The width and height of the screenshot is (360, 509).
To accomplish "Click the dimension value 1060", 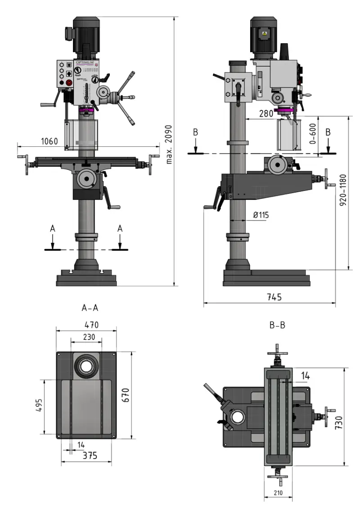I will click(49, 141).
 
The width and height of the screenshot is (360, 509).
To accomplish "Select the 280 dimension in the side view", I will click(266, 114).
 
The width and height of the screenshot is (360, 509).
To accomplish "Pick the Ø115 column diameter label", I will click(261, 215).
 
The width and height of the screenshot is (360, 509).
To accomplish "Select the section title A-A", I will click(90, 308).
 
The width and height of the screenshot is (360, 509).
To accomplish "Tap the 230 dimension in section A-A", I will click(89, 337).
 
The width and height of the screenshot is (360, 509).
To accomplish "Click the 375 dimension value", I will click(90, 455).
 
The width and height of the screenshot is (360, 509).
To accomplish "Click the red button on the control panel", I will click(69, 83).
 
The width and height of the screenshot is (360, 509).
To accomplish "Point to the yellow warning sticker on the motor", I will click(264, 34).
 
